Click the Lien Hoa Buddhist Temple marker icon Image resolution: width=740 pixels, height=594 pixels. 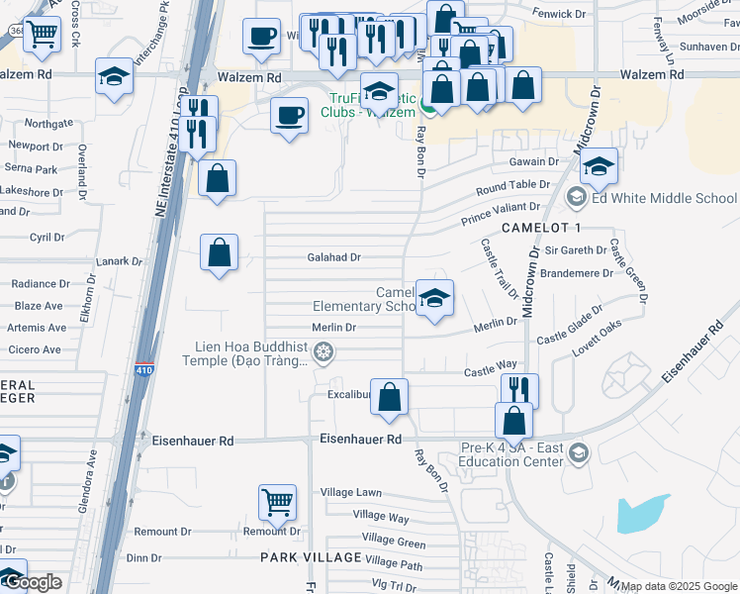(322, 352)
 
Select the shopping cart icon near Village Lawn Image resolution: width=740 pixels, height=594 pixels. (277, 501)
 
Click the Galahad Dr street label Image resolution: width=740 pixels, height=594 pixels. (334, 257)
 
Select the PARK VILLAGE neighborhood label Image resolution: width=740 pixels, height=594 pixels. (306, 558)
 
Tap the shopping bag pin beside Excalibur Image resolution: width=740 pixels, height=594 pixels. (390, 397)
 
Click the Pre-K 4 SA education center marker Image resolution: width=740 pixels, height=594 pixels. (579, 453)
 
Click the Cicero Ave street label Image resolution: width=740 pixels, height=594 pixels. (36, 349)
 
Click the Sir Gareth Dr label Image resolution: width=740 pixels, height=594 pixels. (574, 252)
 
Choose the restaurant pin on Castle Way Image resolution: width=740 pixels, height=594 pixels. (519, 391)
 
